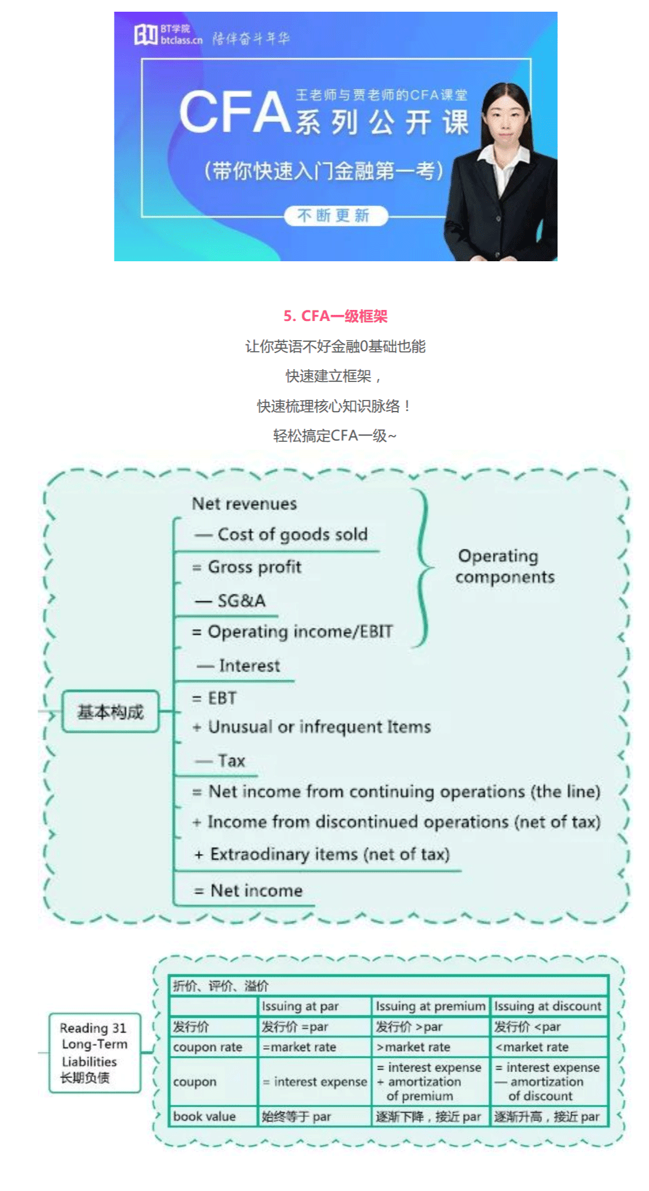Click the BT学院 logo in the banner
tap(168, 35)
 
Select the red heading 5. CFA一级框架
tap(336, 316)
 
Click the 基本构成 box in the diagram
tap(110, 712)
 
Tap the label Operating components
tap(504, 566)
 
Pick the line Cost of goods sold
tap(281, 534)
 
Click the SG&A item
tap(230, 601)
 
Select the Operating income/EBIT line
tap(292, 632)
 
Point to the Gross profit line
tap(247, 567)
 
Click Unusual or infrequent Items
tap(312, 727)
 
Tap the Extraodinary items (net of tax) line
tap(322, 854)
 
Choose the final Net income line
tap(248, 890)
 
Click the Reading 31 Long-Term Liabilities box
tap(94, 1052)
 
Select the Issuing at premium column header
tap(430, 1006)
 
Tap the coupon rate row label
tap(208, 1047)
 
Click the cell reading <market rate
tap(532, 1047)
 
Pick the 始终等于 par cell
tap(296, 1116)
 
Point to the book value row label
tap(204, 1116)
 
